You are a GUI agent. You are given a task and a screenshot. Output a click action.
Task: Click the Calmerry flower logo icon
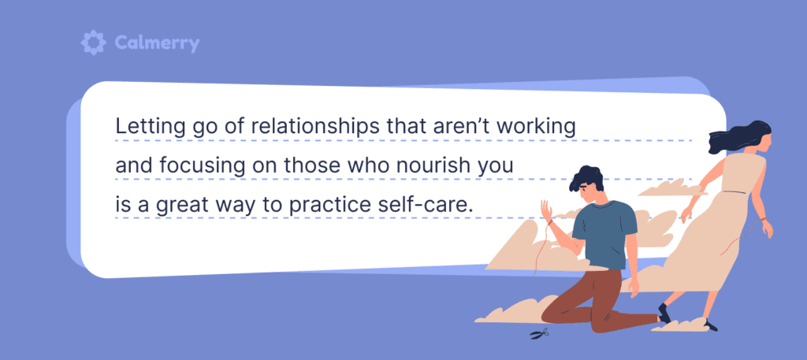click(x=93, y=43)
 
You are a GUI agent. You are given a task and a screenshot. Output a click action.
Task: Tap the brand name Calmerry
click(x=155, y=43)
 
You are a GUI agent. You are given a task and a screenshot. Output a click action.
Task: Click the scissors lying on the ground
click(x=540, y=334)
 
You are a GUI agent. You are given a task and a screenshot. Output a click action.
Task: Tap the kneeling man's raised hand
click(x=545, y=211)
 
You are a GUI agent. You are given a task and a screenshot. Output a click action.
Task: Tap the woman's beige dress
click(x=721, y=228)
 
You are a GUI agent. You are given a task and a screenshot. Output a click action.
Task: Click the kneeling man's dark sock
click(x=664, y=313)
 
